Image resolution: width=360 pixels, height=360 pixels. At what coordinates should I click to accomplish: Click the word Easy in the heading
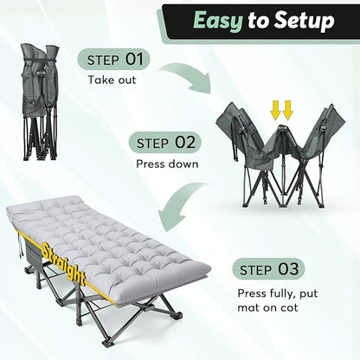(x=218, y=21)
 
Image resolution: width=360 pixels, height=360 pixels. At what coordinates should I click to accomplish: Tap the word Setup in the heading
(x=304, y=20)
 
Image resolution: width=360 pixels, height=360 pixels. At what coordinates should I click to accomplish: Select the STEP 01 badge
(x=114, y=59)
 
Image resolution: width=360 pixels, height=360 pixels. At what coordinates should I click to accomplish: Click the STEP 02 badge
(x=165, y=142)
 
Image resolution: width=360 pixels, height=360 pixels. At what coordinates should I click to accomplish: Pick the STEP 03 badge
(x=268, y=269)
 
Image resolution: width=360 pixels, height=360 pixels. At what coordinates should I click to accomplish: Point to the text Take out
(x=112, y=80)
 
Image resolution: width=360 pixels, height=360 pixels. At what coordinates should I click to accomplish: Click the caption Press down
(x=167, y=164)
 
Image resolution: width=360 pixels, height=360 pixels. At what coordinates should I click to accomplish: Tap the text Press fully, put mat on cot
(x=278, y=300)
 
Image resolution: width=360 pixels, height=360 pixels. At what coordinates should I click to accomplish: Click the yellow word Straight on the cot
(x=63, y=262)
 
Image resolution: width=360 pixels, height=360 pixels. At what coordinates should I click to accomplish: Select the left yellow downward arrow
(x=275, y=111)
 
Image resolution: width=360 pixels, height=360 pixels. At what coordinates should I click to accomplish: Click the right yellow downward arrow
(x=287, y=111)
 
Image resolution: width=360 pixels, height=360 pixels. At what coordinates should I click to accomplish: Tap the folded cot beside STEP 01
(x=40, y=102)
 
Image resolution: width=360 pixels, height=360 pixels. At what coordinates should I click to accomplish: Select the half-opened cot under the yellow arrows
(x=280, y=156)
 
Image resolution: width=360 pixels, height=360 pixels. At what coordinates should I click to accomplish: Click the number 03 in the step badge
(x=288, y=268)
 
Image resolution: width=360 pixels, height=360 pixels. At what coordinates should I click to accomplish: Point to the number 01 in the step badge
(x=134, y=59)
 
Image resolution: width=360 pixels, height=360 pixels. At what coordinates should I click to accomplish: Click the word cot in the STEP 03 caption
(x=287, y=307)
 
